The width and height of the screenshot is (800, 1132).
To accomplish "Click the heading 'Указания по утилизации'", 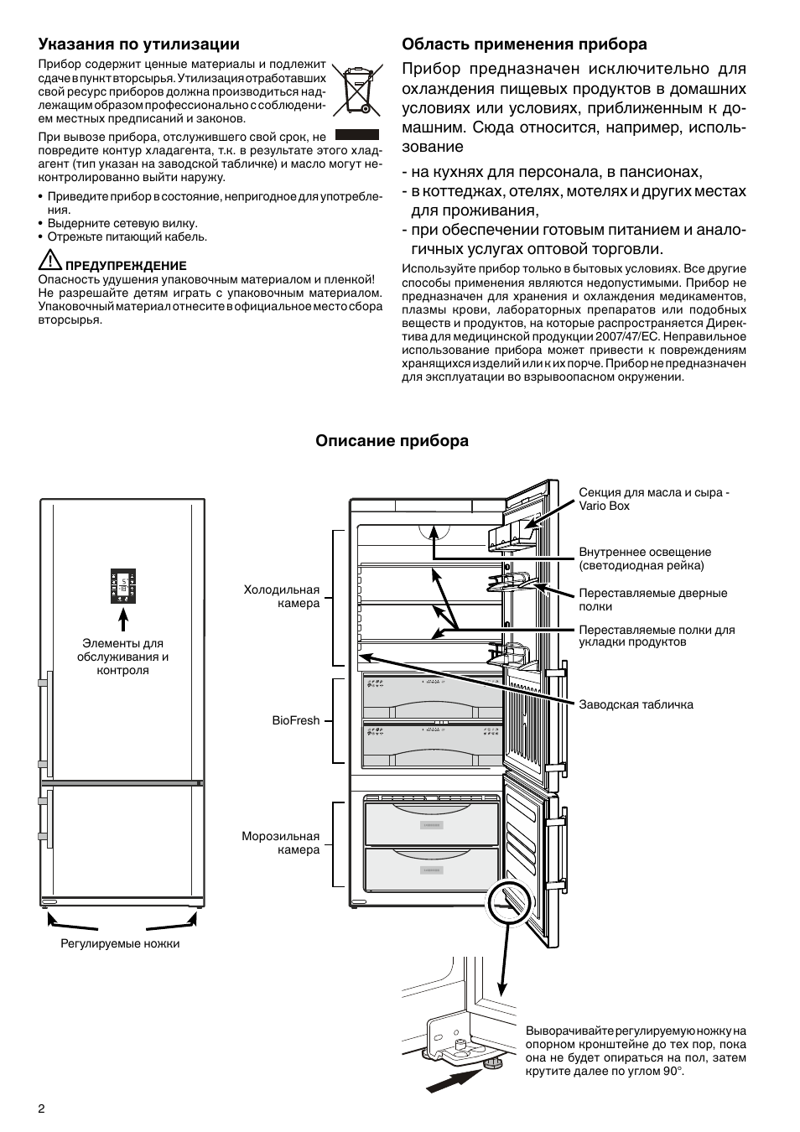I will point(138,44).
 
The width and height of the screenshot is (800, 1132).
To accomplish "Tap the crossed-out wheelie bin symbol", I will point(356,88).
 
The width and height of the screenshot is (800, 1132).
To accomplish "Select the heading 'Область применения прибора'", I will point(524,44).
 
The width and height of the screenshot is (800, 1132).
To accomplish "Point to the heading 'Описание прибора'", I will point(392,441).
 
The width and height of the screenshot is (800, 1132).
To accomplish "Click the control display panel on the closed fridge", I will point(123,586).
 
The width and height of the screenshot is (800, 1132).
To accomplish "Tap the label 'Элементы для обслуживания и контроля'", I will point(122,657).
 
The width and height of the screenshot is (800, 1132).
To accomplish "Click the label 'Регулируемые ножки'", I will point(120,943).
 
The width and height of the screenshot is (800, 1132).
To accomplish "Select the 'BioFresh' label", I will point(295,720).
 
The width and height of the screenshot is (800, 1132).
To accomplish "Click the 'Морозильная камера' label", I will point(281,843).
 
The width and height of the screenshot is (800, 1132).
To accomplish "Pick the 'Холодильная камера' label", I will point(282,596).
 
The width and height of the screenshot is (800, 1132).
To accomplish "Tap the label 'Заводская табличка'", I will point(636,704).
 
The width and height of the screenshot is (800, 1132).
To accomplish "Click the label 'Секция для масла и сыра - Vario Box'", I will point(653,499).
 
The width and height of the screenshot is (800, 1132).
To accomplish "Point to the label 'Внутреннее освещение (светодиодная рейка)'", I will point(644,558).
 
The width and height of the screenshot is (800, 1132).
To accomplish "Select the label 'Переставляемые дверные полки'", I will point(652,600).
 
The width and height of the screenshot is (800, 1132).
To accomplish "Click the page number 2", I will point(41,1108).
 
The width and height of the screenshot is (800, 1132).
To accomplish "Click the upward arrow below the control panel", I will point(123,620).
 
